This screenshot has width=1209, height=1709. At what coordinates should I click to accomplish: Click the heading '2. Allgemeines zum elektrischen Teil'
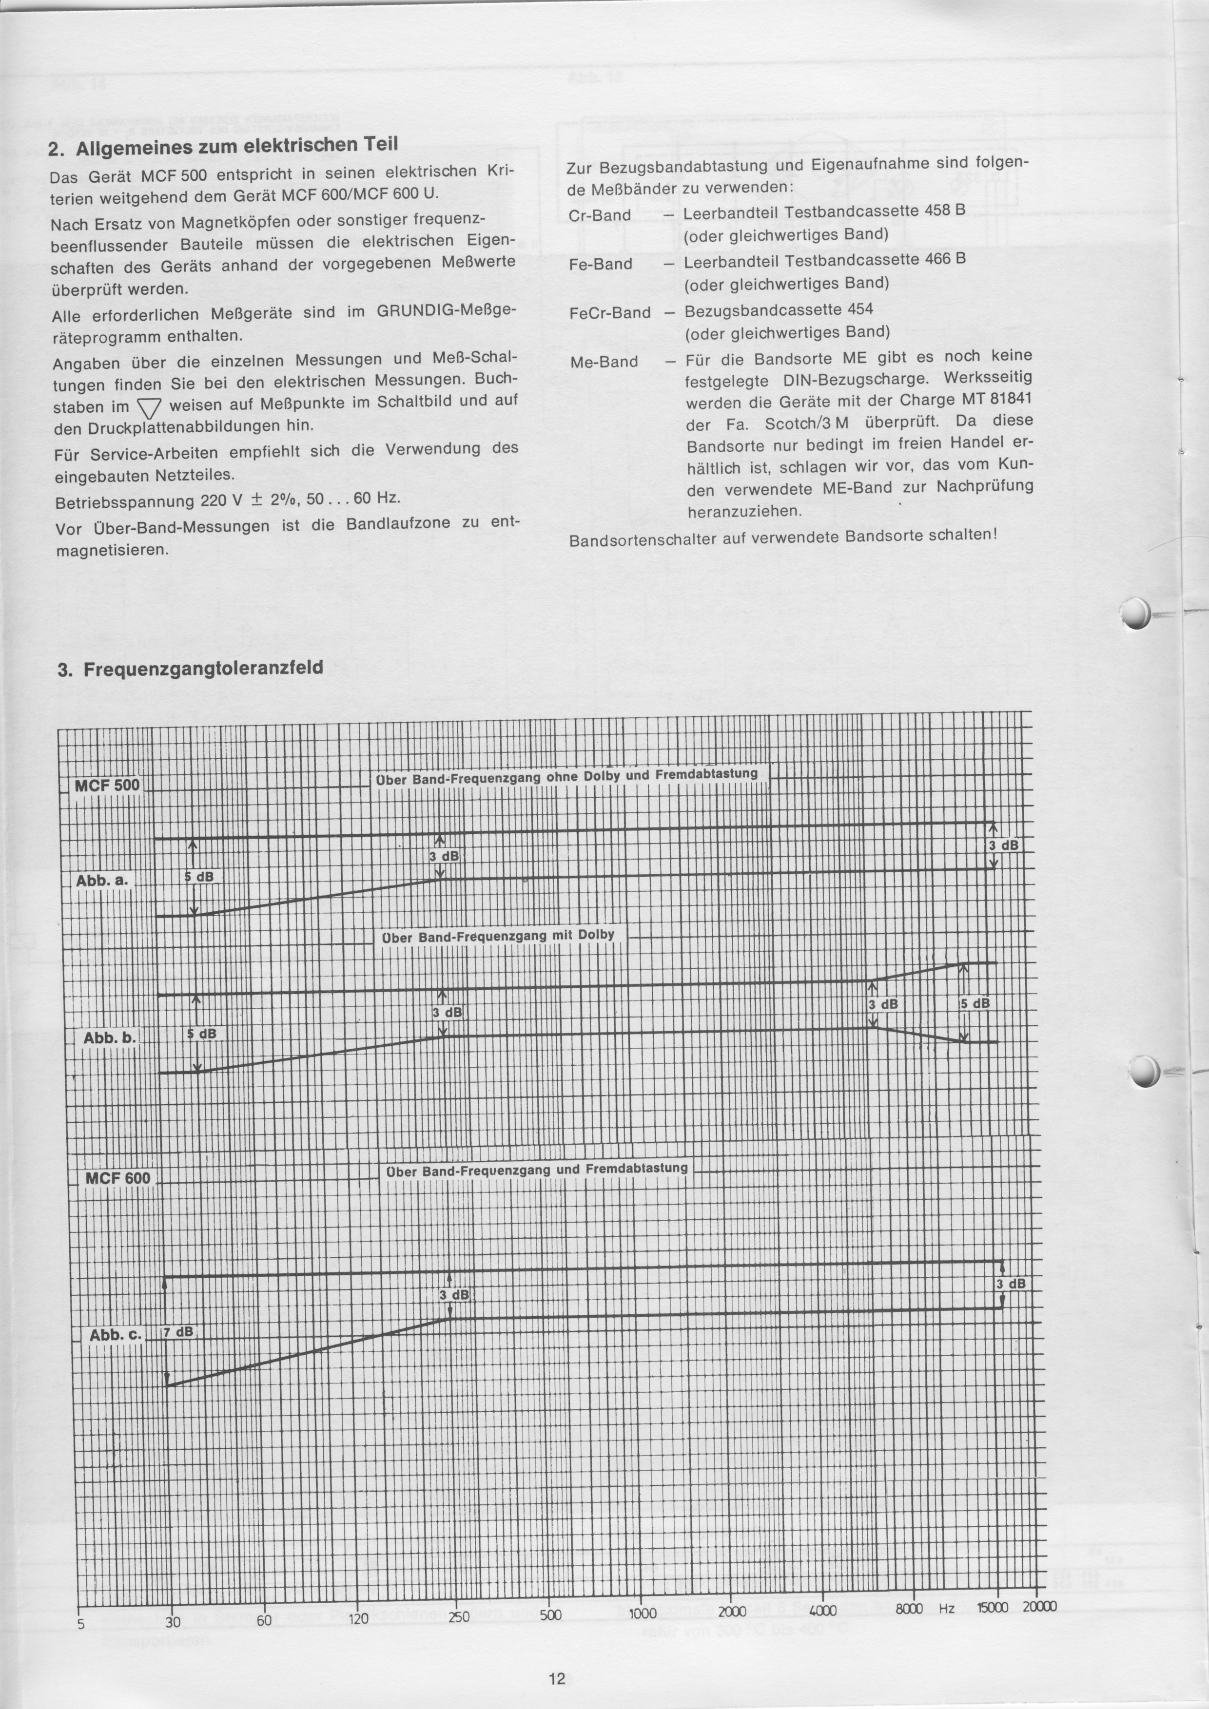click(223, 146)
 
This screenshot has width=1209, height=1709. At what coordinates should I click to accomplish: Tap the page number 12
click(557, 1658)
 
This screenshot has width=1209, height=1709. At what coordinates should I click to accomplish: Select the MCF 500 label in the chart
click(107, 785)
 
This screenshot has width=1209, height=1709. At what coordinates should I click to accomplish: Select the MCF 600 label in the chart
click(117, 1178)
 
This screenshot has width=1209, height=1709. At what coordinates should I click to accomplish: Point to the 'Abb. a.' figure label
click(102, 881)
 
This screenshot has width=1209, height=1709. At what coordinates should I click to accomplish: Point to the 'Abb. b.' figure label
click(109, 1037)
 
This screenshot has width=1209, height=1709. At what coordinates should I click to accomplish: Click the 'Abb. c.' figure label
click(116, 1335)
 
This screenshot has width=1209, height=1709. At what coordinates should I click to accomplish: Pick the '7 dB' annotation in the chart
click(178, 1332)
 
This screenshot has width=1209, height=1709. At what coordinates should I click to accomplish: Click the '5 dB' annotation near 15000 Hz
click(975, 1003)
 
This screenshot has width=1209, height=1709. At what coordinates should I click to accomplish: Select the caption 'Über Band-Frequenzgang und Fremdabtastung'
click(537, 1170)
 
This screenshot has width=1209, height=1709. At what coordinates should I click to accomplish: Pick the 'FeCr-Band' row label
click(610, 313)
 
